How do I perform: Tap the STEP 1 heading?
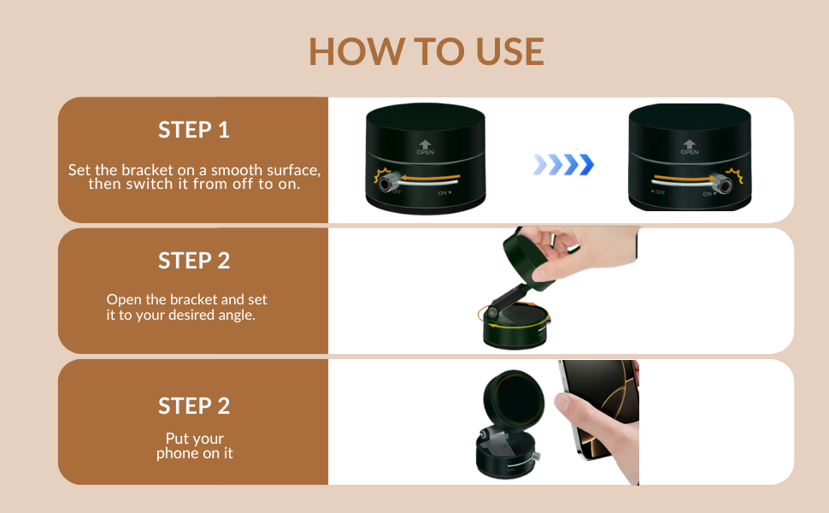tap(194, 130)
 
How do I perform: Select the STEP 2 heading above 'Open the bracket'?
tap(194, 261)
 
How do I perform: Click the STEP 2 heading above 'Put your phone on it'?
tap(194, 406)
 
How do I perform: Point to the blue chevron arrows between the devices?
tap(563, 164)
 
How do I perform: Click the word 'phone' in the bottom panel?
tap(177, 453)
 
